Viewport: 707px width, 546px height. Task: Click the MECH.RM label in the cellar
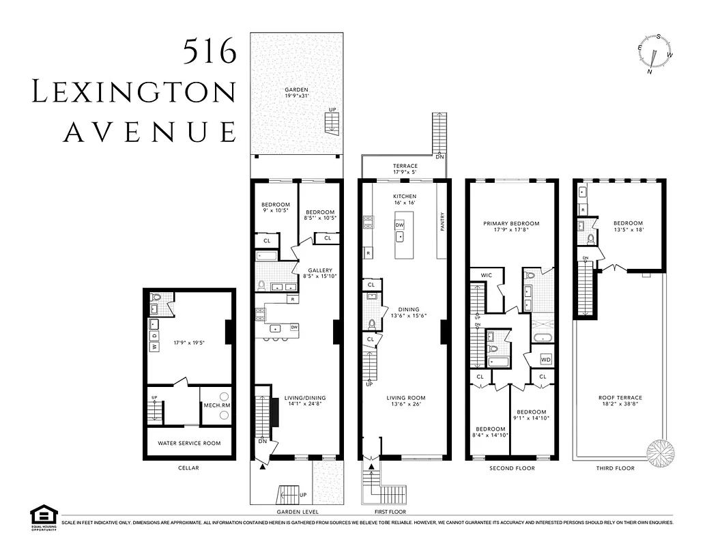[216, 405]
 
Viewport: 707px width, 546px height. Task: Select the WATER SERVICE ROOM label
[189, 443]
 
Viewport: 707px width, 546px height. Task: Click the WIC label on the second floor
[487, 275]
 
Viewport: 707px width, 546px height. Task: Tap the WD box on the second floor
[545, 359]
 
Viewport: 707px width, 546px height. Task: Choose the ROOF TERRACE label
[620, 397]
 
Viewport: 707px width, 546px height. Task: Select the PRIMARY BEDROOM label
[511, 223]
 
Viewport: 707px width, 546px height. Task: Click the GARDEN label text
[296, 90]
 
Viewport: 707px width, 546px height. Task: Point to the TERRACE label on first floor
[405, 166]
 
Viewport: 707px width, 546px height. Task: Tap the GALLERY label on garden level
[320, 270]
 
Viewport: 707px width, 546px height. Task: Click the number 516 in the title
[210, 51]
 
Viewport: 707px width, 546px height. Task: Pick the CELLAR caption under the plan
[189, 468]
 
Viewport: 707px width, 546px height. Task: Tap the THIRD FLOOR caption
[616, 468]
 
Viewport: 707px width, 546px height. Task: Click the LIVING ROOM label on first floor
[405, 398]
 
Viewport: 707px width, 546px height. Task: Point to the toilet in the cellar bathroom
[157, 298]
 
